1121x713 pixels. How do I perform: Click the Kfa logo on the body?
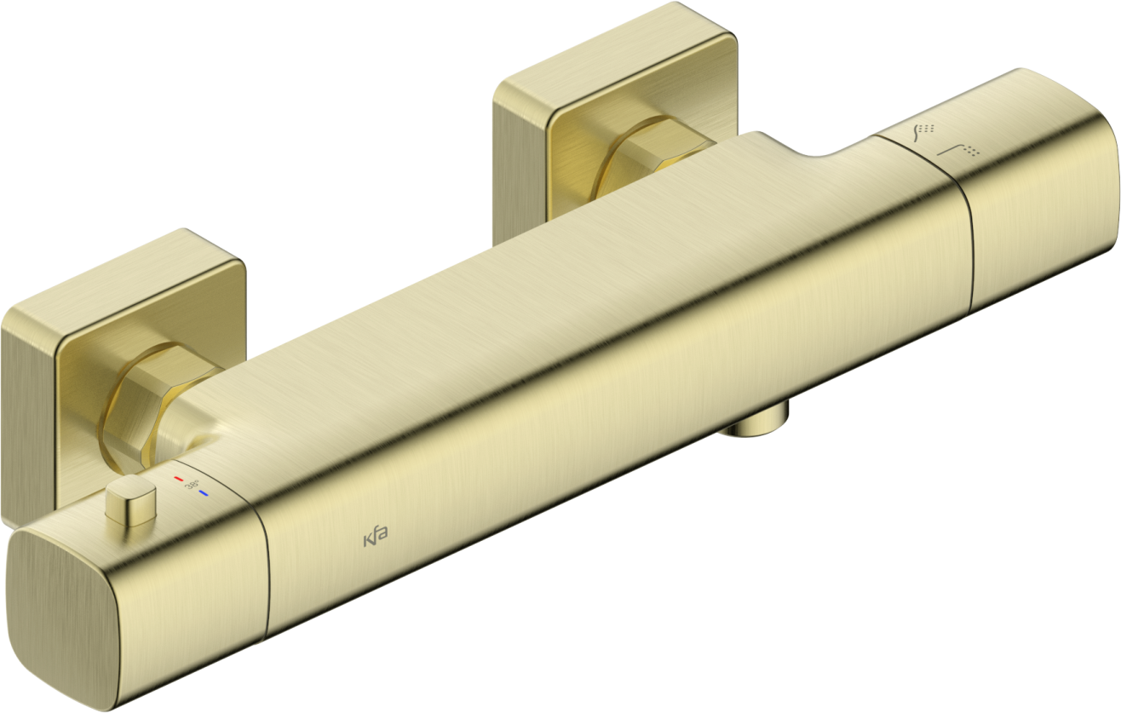[376, 538]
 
